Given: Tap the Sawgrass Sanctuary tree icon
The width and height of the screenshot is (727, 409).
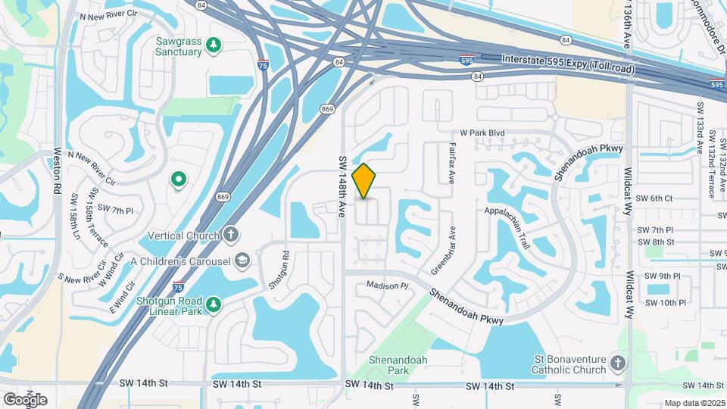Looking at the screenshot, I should pyautogui.click(x=214, y=45).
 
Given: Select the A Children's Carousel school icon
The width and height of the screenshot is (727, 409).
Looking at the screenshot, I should pyautogui.click(x=242, y=261).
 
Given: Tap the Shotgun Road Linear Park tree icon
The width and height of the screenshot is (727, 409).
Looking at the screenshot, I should pyautogui.click(x=215, y=304).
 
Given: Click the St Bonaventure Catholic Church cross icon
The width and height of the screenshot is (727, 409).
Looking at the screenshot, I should pyautogui.click(x=619, y=364).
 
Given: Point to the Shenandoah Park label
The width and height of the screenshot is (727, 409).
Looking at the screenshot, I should pyautogui.click(x=388, y=365).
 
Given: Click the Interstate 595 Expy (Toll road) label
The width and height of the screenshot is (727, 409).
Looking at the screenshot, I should pyautogui.click(x=568, y=64).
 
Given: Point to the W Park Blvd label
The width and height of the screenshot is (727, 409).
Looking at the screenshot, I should pyautogui.click(x=480, y=133).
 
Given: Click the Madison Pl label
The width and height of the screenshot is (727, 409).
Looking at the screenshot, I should pyautogui.click(x=387, y=286).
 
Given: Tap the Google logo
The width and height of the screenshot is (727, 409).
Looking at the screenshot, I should pyautogui.click(x=25, y=400).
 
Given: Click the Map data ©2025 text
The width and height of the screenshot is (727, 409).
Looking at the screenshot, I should pyautogui.click(x=694, y=404).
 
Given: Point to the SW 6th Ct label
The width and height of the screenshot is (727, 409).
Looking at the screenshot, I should pyautogui.click(x=654, y=198).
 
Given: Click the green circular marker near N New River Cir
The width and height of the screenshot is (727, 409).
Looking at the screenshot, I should pyautogui.click(x=179, y=180).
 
